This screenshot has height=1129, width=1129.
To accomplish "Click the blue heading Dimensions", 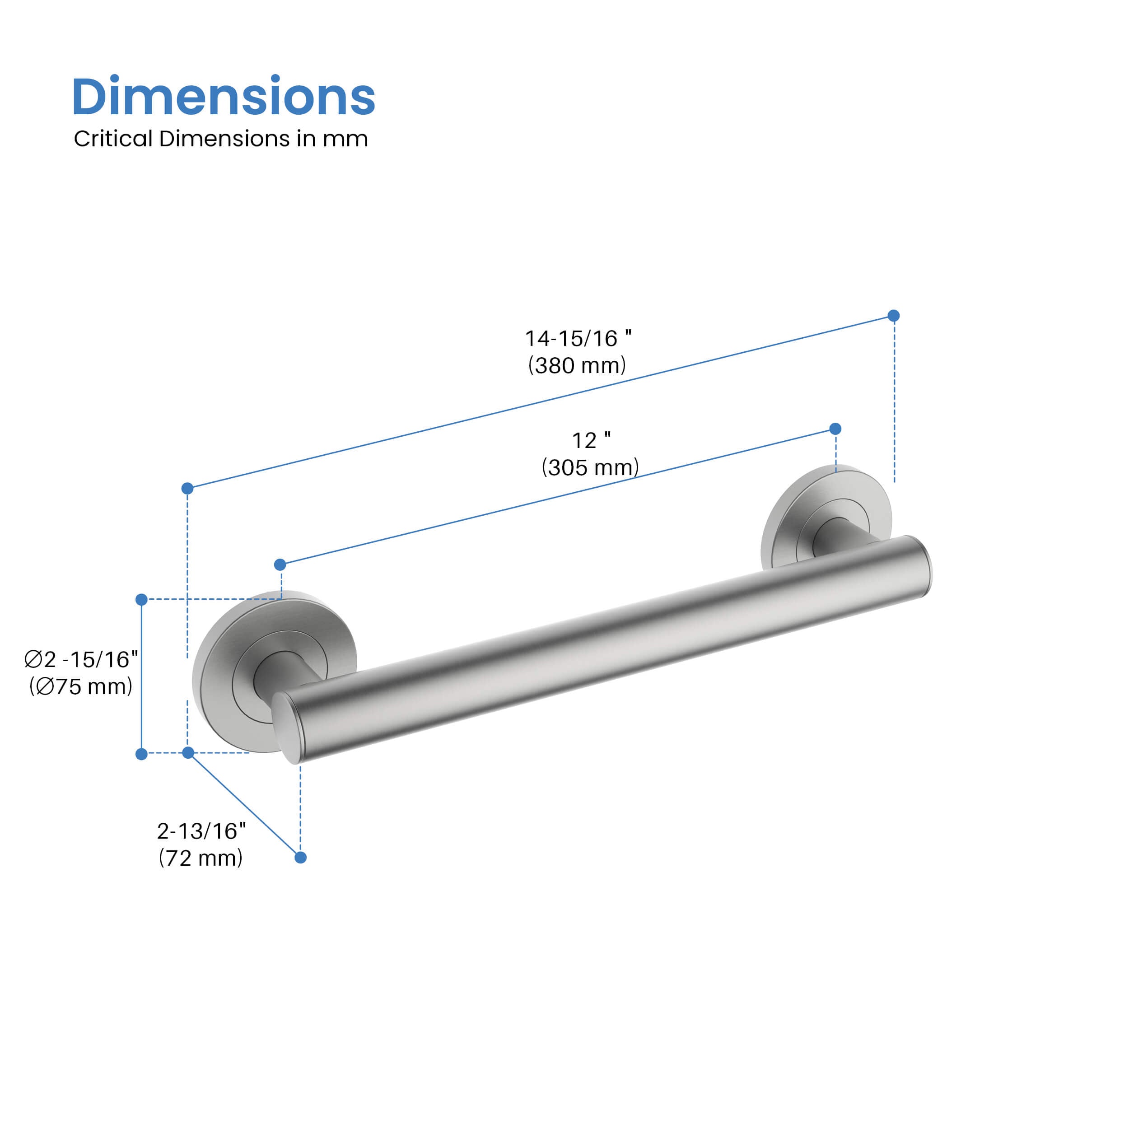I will (223, 97).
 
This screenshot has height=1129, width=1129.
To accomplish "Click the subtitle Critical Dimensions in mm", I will (221, 139).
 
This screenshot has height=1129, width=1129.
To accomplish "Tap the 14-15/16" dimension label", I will (577, 338).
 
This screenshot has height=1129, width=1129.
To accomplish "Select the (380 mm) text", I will (577, 366).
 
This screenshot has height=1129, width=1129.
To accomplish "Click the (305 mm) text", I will (590, 467).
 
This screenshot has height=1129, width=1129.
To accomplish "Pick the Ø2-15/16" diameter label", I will (81, 659).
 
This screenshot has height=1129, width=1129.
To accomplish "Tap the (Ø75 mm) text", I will (81, 686).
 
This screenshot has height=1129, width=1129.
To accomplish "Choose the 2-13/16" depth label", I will (201, 831).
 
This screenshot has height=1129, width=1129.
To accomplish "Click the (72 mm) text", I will (201, 858).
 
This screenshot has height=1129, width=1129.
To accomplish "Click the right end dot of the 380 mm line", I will (894, 316).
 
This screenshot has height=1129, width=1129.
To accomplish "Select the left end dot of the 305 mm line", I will (280, 564).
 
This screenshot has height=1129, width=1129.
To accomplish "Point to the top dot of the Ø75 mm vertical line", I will (141, 600).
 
